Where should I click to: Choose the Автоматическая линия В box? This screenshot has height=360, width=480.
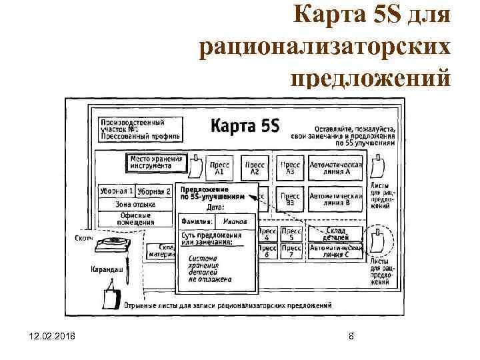(335, 199)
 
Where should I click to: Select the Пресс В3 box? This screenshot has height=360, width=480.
(290, 199)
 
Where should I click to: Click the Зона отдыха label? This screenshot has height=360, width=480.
(135, 205)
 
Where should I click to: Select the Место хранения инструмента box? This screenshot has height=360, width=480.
(156, 163)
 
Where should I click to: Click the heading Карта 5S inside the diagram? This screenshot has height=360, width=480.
(246, 126)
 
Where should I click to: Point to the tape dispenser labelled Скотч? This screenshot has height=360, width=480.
(111, 244)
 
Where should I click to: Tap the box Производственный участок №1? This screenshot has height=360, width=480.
(140, 130)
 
